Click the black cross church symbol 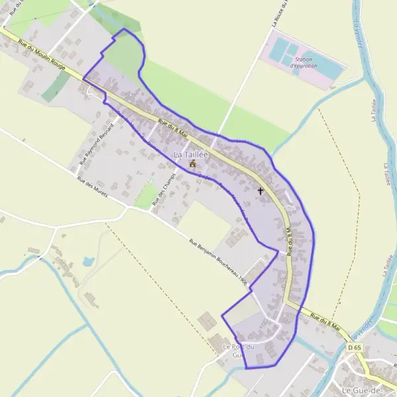(260, 191)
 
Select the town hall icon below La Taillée (193, 163)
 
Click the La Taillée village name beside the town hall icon (191, 154)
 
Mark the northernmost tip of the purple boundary (124, 29)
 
